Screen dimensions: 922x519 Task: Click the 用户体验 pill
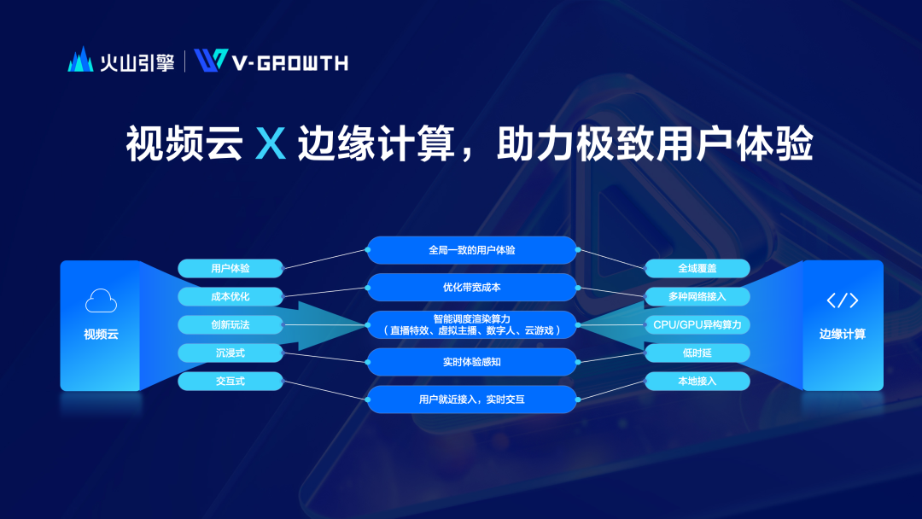click(230, 268)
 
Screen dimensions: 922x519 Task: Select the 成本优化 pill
click(230, 296)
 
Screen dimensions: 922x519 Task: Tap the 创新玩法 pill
click(230, 324)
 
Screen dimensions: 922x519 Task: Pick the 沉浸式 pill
click(230, 353)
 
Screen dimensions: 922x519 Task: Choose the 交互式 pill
click(230, 381)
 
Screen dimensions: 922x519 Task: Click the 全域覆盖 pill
click(697, 268)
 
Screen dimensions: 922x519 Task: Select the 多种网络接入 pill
click(697, 296)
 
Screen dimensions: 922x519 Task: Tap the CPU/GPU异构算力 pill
click(697, 324)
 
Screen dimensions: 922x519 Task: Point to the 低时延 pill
click(697, 353)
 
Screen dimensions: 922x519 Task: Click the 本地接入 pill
click(697, 381)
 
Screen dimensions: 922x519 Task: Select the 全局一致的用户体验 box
click(471, 250)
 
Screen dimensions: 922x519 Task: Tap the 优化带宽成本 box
click(471, 288)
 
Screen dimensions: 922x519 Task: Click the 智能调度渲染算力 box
click(471, 324)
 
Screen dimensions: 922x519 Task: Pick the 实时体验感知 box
click(471, 362)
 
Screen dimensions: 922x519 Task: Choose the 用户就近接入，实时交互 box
click(471, 399)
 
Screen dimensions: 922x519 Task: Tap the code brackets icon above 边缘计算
click(843, 300)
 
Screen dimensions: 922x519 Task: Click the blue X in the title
click(271, 143)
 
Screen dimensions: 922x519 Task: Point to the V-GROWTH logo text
click(290, 63)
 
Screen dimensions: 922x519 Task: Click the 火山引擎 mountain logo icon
click(80, 60)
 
